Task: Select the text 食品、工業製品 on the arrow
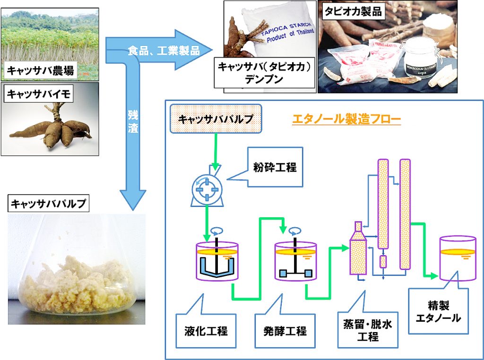164,51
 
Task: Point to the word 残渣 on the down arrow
133,121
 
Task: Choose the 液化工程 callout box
206,330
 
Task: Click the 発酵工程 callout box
285,330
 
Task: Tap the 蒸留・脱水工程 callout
367,330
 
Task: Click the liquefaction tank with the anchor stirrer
217,261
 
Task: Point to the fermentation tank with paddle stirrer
296,261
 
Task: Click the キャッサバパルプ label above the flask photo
49,204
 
